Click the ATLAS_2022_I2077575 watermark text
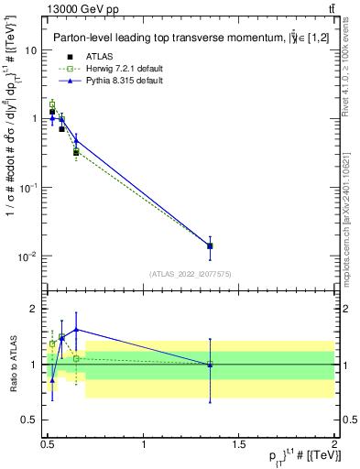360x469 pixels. [191, 274]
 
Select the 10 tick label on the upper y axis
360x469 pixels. [31, 50]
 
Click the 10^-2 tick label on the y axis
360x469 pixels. [27, 256]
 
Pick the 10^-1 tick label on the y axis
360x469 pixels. [27, 187]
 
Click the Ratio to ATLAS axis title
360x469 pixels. [12, 364]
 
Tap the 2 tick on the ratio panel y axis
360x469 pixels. [35, 309]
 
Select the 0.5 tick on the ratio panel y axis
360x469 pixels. [31, 420]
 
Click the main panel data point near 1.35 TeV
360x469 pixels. [210, 245]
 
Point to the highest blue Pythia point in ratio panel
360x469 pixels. [76, 329]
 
